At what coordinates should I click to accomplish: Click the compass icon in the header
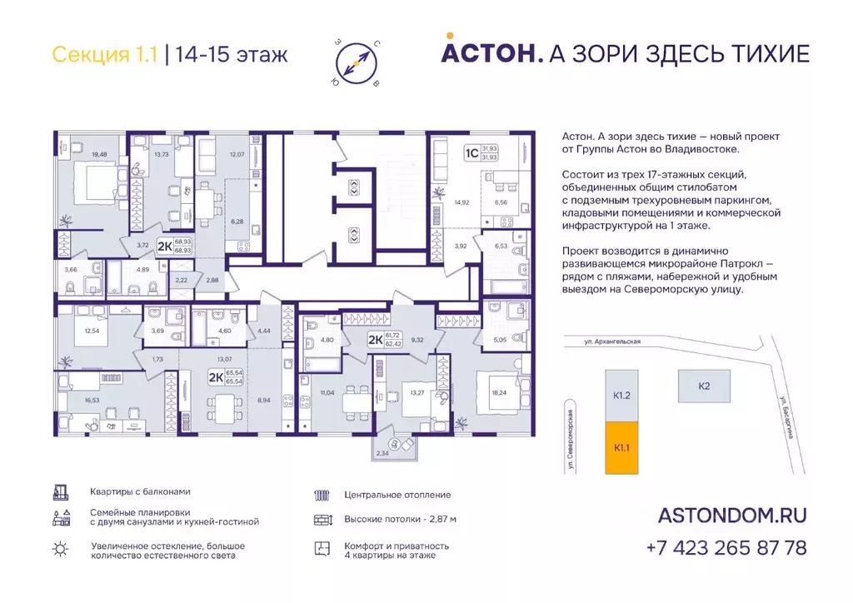[356, 60]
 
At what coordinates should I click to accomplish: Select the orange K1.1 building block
[621, 447]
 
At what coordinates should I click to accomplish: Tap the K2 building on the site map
[704, 386]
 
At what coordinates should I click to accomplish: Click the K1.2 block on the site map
[621, 396]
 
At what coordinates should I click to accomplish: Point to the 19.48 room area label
[100, 154]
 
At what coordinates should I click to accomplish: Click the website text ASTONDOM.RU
[731, 516]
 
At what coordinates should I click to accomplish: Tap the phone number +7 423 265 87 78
[726, 547]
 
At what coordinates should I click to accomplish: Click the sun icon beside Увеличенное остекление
[60, 547]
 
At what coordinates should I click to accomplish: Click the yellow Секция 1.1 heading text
[103, 55]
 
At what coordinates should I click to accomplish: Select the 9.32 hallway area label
[418, 340]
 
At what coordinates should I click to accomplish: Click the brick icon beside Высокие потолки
[323, 520]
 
